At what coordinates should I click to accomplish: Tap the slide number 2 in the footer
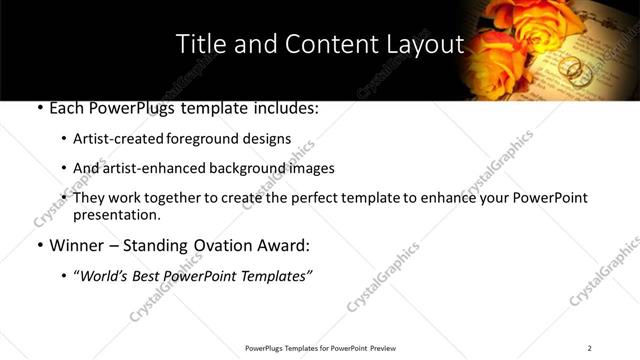point(589,348)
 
